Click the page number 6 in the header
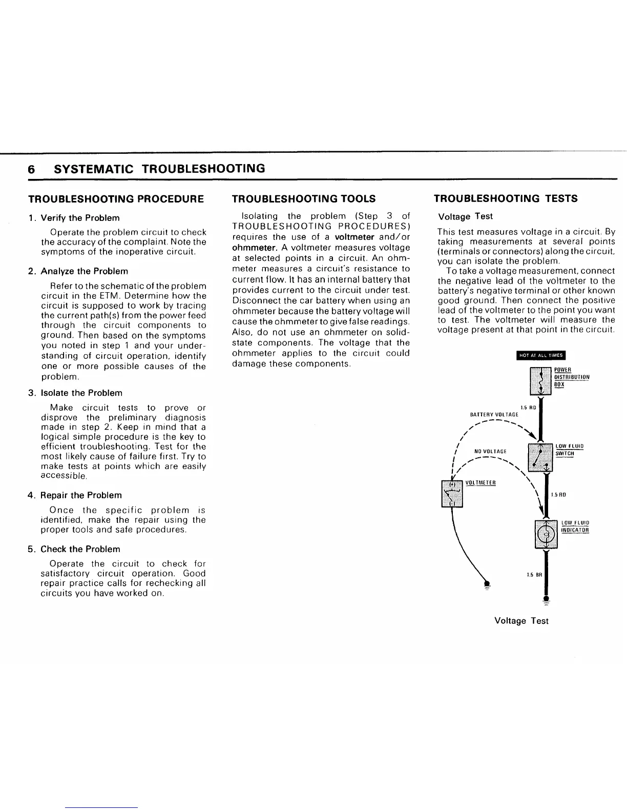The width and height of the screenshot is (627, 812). [31, 169]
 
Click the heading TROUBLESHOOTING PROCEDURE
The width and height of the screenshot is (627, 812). [116, 199]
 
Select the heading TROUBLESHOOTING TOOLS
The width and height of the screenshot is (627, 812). [304, 199]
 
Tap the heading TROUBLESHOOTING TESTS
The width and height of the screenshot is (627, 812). [506, 198]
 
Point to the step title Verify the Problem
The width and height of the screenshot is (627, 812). [80, 218]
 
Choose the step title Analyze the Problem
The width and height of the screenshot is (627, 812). [84, 271]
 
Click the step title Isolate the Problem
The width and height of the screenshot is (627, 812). [81, 393]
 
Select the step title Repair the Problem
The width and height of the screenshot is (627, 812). [81, 495]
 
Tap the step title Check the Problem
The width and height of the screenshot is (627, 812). [80, 549]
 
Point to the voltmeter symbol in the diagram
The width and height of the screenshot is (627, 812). [452, 493]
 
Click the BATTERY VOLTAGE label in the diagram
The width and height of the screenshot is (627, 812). [494, 414]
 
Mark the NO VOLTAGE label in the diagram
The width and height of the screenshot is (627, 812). [490, 452]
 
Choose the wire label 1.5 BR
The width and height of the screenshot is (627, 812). [534, 575]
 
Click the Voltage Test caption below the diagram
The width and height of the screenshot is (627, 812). [521, 621]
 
